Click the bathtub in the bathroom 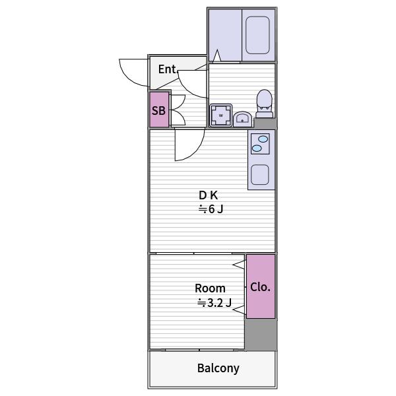(x=257, y=35)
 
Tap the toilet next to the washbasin (x=265, y=104)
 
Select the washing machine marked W (x=221, y=115)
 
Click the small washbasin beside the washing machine (x=242, y=119)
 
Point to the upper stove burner (x=263, y=139)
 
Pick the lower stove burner (x=257, y=148)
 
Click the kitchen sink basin (x=260, y=174)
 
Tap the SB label (x=158, y=110)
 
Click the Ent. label (x=168, y=69)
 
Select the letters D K (x=208, y=195)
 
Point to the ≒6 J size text (x=211, y=209)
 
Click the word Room (x=210, y=288)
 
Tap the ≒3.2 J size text (x=214, y=302)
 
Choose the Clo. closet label (x=261, y=287)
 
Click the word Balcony (x=218, y=368)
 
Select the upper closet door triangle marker (x=239, y=265)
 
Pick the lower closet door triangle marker (x=239, y=310)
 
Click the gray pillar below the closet (x=261, y=335)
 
